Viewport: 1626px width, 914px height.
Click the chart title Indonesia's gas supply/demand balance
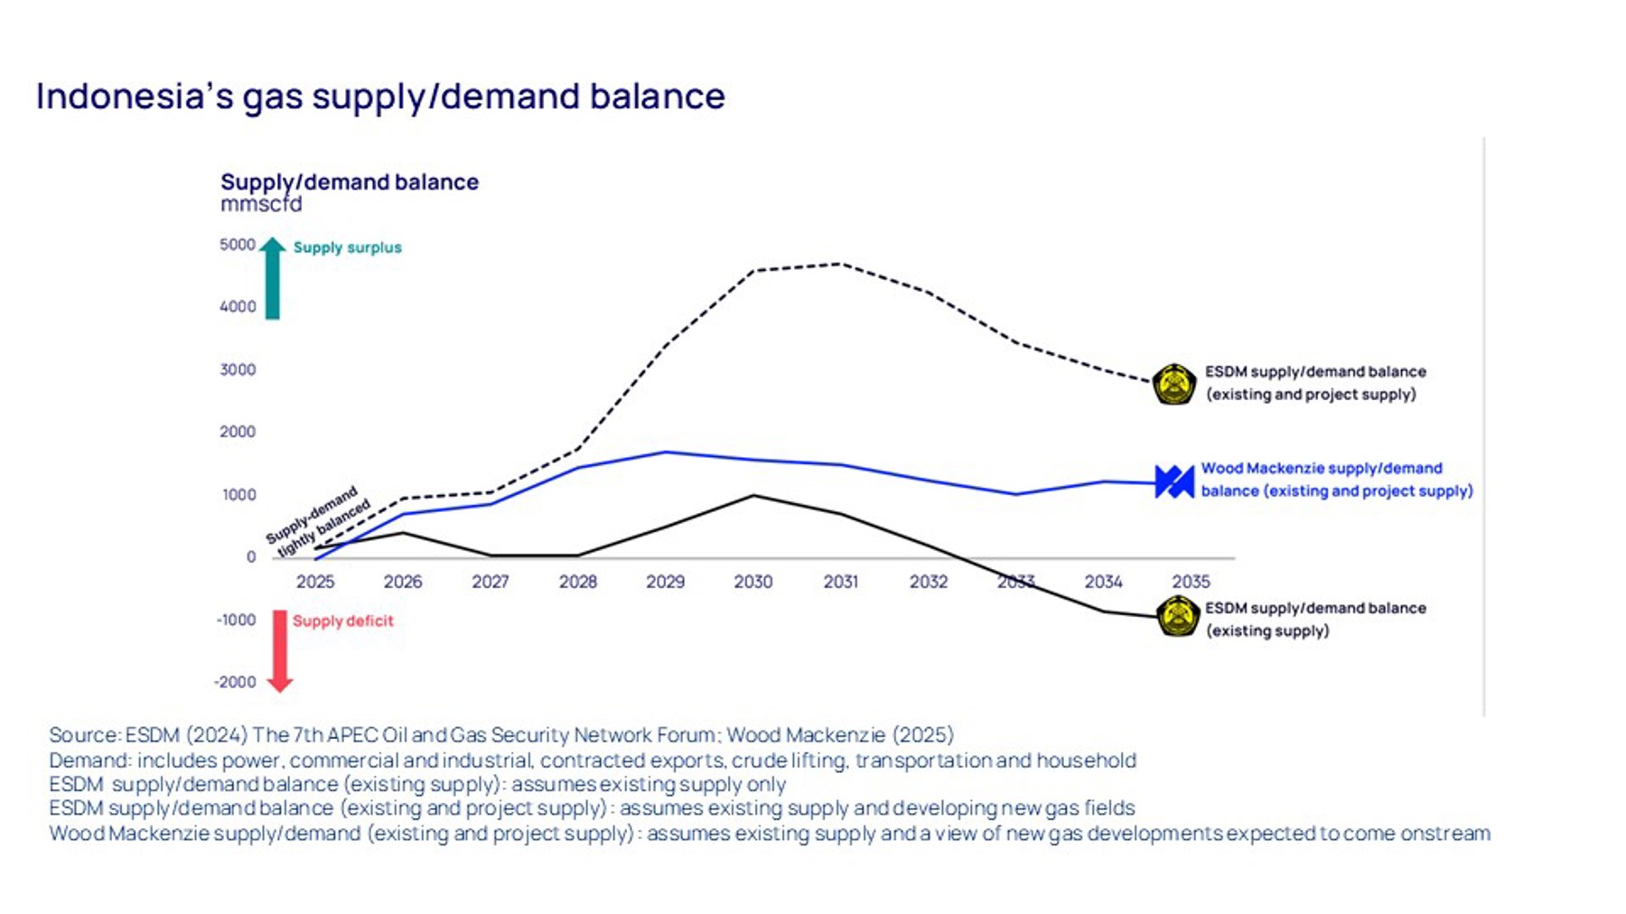pos(379,97)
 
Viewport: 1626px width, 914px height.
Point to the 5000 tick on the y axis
pos(238,245)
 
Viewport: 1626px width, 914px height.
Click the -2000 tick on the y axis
pos(235,682)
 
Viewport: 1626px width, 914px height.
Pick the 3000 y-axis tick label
pos(238,369)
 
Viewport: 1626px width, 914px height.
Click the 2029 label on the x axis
pos(665,582)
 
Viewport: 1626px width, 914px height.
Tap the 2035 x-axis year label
pos(1191,582)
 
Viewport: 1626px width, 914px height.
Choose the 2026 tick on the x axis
pos(403,582)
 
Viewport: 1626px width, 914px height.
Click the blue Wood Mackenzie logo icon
pos(1174,481)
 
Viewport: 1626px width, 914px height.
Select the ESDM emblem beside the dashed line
pos(1174,384)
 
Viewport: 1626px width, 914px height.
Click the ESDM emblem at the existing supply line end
pos(1178,617)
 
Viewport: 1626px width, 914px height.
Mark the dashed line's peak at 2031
pos(840,264)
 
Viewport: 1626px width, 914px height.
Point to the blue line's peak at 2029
pos(666,452)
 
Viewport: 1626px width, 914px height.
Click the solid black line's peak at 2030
pos(753,495)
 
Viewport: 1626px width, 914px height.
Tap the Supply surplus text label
pos(347,247)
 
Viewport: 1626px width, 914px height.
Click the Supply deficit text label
pos(342,620)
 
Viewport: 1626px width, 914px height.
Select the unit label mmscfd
pos(261,204)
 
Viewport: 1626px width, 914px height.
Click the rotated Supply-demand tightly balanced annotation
pos(318,522)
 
